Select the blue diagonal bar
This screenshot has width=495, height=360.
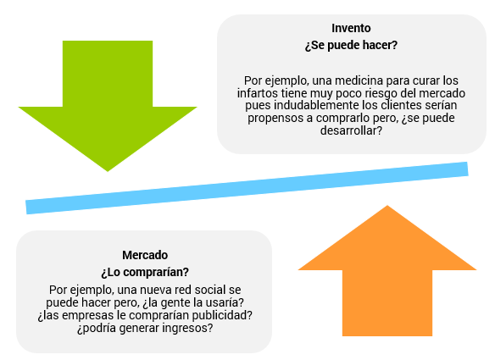tap(247, 188)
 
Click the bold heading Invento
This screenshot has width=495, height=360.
tap(351, 28)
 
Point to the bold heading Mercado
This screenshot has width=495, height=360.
tap(145, 255)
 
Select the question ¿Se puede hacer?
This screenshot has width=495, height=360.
tap(351, 45)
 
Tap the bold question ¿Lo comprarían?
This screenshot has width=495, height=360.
tap(145, 272)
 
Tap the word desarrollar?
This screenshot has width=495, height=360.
tap(351, 130)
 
